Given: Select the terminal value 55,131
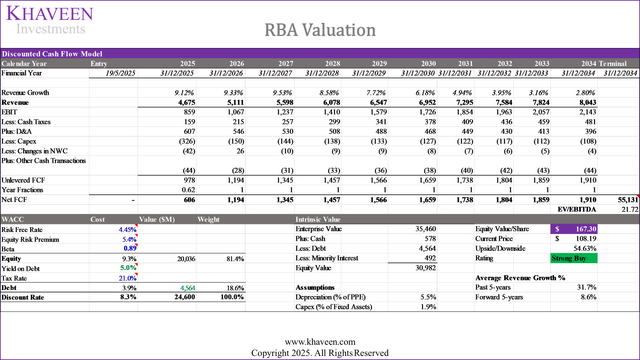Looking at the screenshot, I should pos(623,200).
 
